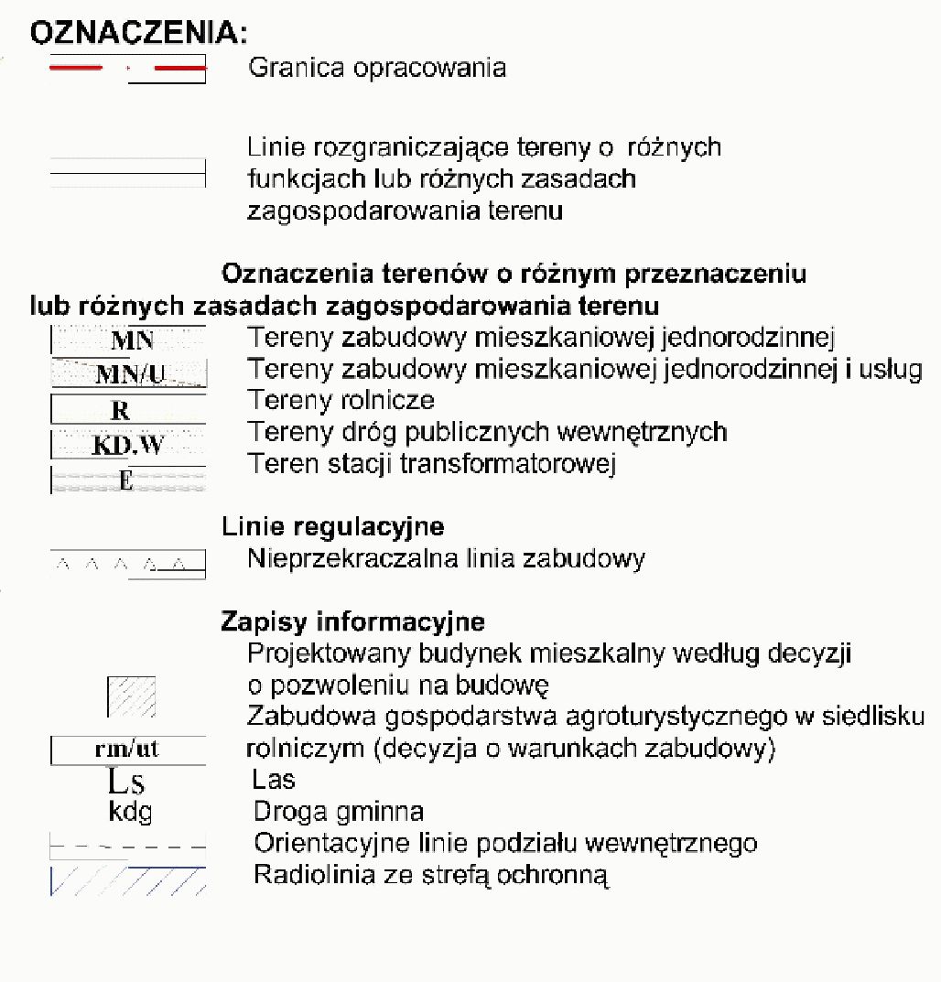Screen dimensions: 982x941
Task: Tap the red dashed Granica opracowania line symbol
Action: (x=127, y=69)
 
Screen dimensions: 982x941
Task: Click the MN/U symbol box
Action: (x=128, y=373)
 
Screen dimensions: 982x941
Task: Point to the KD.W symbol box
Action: (x=127, y=446)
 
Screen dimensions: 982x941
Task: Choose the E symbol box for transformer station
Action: (x=127, y=480)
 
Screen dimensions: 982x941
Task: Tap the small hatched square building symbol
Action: (x=132, y=696)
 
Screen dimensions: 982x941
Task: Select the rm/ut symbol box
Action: (x=127, y=750)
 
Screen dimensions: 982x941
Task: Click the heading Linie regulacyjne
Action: (x=332, y=527)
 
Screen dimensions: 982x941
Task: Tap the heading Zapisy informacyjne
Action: (x=352, y=622)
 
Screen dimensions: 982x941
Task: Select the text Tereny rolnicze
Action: (x=341, y=400)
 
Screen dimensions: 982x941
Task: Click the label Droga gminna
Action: (x=338, y=812)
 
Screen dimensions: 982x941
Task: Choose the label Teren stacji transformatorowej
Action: (x=431, y=464)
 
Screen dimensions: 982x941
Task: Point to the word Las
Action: (x=274, y=780)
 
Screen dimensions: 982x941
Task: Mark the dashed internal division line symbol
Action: (x=127, y=845)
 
